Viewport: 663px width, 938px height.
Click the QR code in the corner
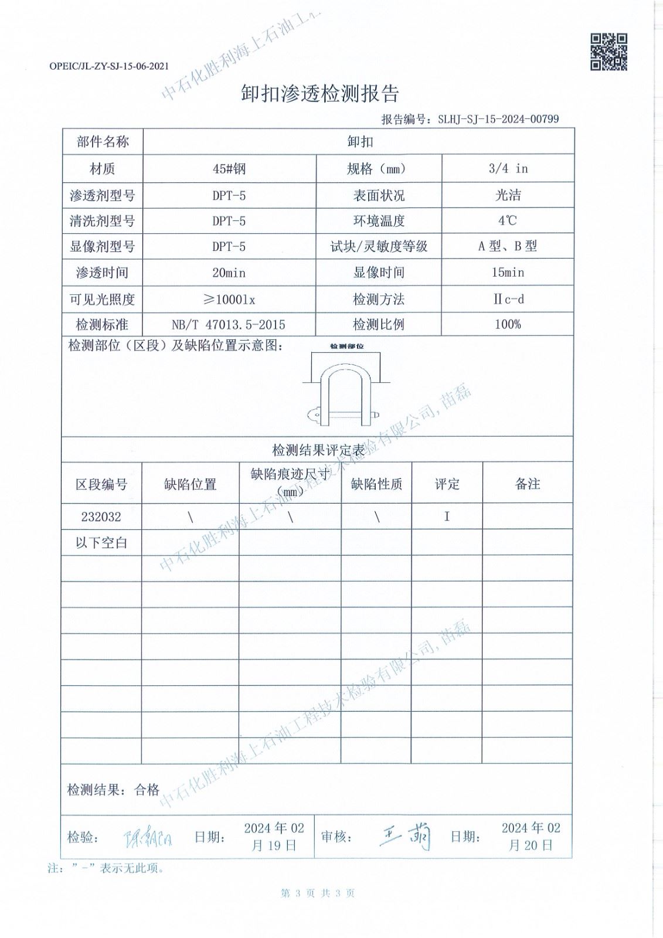tap(608, 52)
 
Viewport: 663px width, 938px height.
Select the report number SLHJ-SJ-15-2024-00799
tap(498, 119)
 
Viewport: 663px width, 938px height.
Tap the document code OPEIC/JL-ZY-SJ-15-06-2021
tap(109, 66)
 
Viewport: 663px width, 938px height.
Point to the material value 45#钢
tap(229, 169)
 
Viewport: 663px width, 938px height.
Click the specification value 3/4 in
tap(508, 169)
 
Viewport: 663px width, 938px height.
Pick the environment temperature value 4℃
tap(508, 221)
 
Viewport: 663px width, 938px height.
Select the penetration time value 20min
tap(229, 273)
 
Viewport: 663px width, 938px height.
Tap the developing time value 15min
tap(508, 273)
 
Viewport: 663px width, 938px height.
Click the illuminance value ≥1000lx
tap(229, 300)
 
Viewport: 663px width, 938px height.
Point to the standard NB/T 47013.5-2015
tap(229, 325)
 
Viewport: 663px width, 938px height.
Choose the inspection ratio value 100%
tap(508, 325)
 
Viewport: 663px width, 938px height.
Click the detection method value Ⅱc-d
tap(508, 300)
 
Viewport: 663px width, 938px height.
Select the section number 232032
tap(101, 517)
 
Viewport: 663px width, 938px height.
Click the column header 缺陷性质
tap(376, 484)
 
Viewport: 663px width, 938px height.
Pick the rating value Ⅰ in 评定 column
tap(447, 517)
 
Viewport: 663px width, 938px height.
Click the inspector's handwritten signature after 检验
tap(148, 839)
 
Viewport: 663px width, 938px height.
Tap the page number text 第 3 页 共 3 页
tap(318, 893)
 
